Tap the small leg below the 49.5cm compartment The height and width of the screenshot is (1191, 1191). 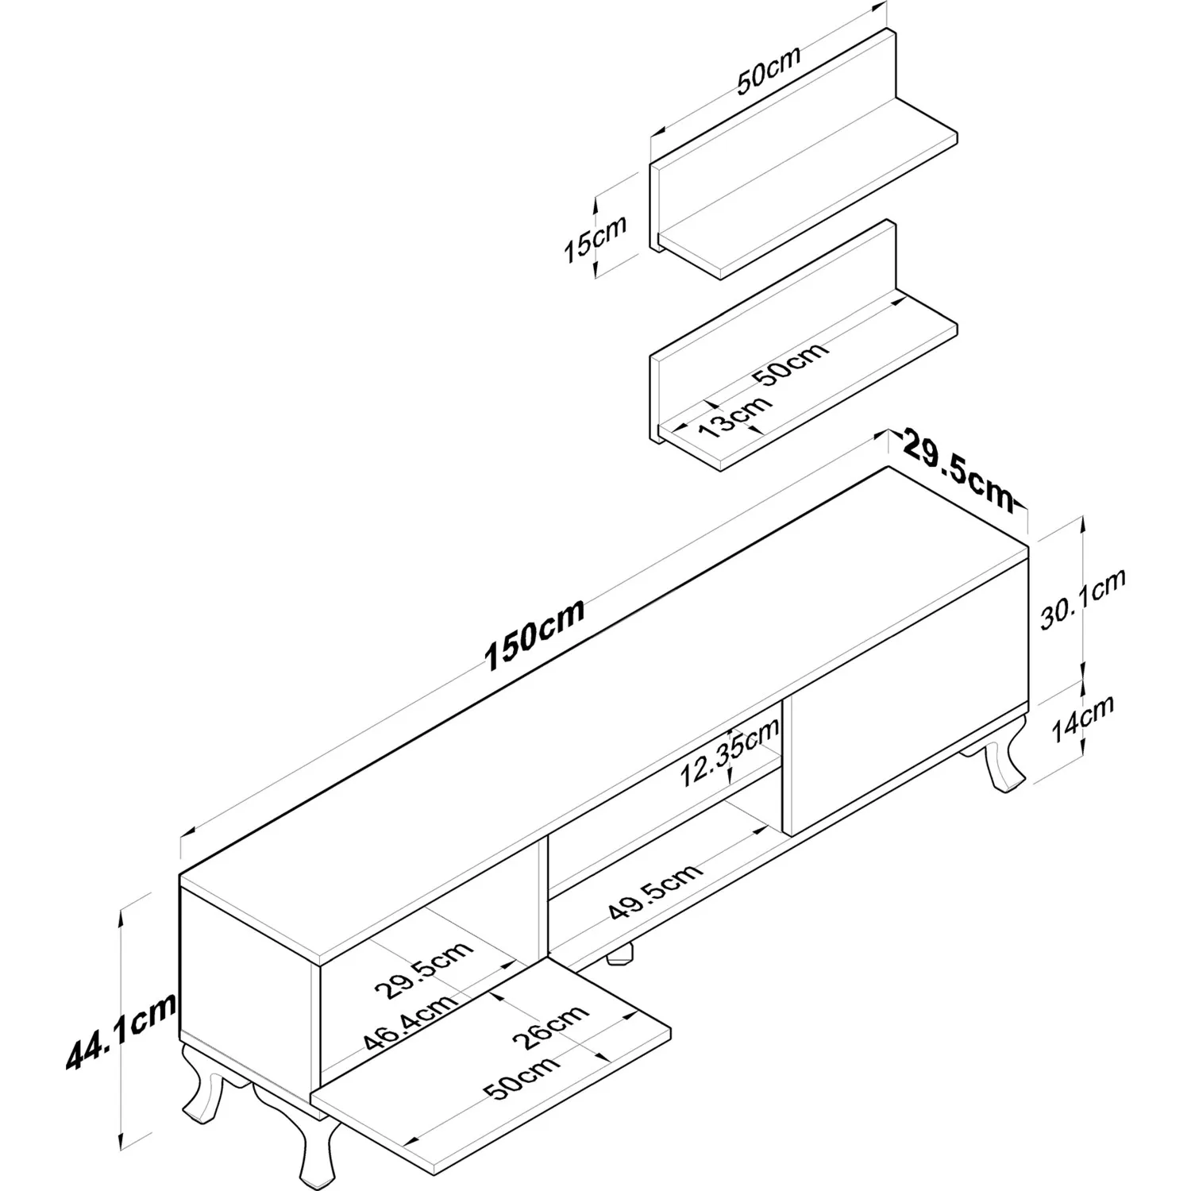(x=621, y=954)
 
